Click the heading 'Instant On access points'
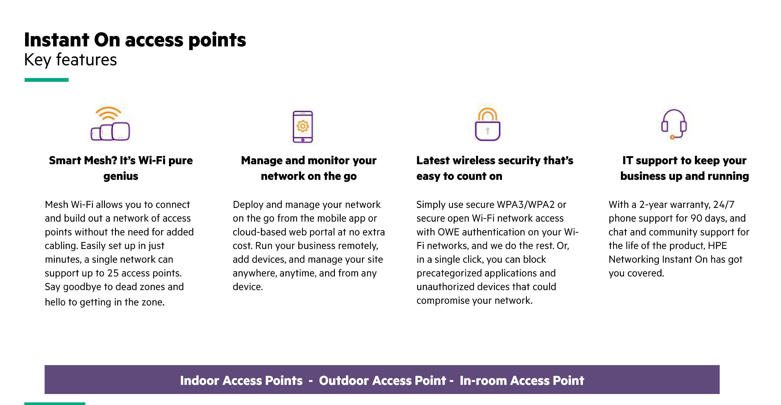[135, 40]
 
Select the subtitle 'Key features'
[70, 60]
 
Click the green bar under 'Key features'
[46, 80]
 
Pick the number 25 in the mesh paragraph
[113, 273]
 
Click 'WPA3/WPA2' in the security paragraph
[525, 205]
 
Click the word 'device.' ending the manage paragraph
[248, 287]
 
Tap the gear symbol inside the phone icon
[303, 126]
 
